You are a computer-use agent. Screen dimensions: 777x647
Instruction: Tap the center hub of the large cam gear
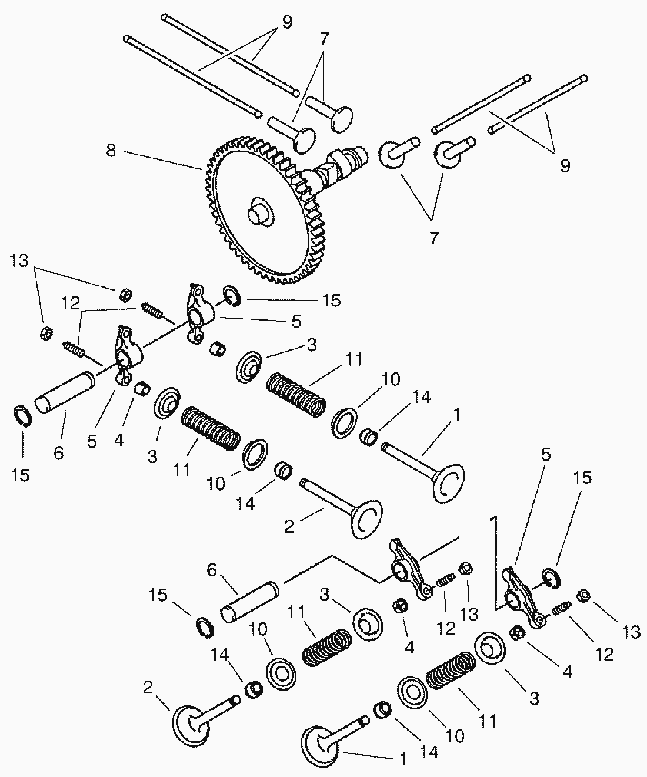point(259,212)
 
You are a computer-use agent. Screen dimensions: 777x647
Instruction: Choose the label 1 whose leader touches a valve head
point(402,759)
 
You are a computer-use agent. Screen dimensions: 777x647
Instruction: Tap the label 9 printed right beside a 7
point(286,22)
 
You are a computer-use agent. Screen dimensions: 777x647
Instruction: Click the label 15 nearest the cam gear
point(331,301)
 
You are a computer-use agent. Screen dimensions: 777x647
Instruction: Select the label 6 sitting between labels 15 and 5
point(58,453)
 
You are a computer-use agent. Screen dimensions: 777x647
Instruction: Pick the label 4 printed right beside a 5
point(119,440)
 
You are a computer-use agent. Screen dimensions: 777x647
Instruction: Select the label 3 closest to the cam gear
point(311,345)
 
